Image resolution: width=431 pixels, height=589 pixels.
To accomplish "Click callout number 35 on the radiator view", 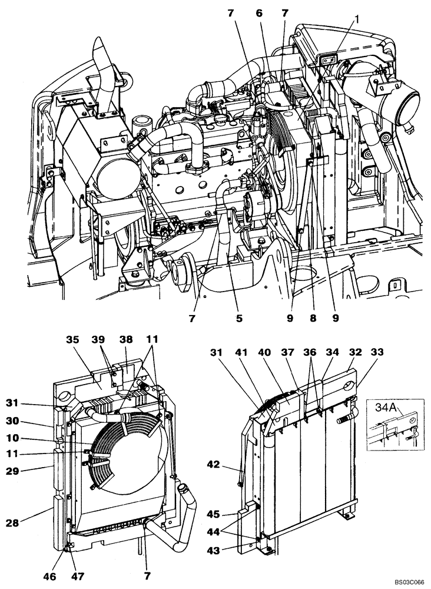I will pyautogui.click(x=72, y=340).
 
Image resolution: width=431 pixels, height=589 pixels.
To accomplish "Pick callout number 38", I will pyautogui.click(x=127, y=340).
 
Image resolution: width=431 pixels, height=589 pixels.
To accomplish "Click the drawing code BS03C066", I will pyautogui.click(x=407, y=582).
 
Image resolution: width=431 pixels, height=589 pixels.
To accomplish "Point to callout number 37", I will pyautogui.click(x=289, y=352).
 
